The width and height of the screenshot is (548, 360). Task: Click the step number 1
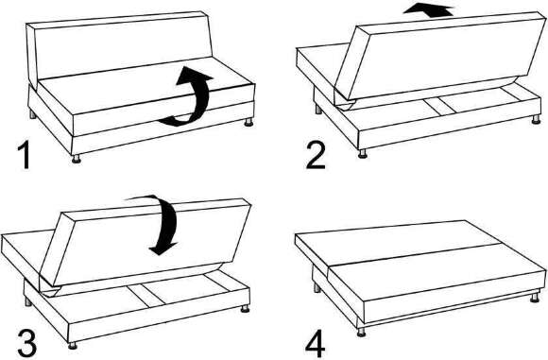point(24,156)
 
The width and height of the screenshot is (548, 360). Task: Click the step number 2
point(316,156)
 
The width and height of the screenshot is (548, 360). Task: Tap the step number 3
point(26,344)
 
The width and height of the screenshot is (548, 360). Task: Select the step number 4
point(316,345)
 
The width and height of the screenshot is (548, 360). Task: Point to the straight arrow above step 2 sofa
point(428,9)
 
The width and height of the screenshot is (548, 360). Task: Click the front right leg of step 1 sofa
point(248,122)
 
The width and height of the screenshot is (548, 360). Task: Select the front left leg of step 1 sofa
point(76,159)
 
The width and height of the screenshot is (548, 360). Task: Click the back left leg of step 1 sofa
point(32,114)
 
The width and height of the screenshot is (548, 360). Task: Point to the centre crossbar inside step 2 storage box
point(439,106)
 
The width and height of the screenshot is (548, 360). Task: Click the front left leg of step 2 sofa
point(362,154)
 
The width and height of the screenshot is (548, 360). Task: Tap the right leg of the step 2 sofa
point(536,120)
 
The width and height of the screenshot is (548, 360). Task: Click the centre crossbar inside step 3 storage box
point(146,296)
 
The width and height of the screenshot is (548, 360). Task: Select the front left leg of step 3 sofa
point(73,345)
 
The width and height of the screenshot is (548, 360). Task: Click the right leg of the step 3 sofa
point(245,308)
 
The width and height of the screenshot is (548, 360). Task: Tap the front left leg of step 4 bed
point(361,333)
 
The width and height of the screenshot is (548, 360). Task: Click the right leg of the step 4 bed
point(535,298)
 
